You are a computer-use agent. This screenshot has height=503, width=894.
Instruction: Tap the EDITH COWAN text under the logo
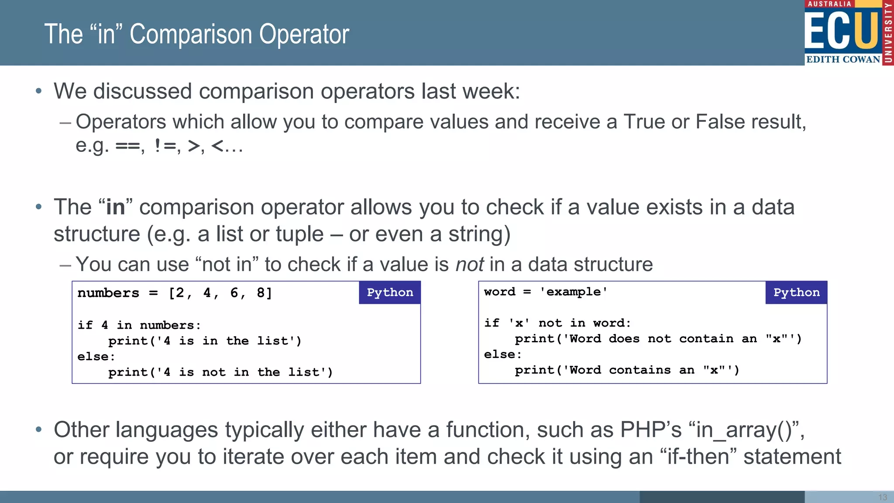coord(843,59)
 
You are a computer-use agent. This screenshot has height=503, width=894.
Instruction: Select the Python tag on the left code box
coord(389,293)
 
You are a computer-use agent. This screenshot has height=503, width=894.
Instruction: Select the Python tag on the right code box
coord(796,293)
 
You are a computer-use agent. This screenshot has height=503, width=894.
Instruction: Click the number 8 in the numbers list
coord(261,293)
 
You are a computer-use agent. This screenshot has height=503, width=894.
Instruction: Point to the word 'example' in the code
coord(573,292)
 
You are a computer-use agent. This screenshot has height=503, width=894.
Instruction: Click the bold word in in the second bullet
coord(115,207)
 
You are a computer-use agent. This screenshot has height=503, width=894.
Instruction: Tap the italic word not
coord(469,265)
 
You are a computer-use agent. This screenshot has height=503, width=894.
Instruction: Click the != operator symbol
coord(165,146)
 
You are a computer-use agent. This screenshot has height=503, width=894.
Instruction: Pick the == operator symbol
coord(127,146)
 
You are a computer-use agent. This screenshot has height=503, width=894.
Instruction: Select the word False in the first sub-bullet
coord(720,122)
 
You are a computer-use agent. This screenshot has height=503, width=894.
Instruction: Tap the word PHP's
coord(650,430)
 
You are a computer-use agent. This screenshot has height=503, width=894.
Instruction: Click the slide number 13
coord(882,497)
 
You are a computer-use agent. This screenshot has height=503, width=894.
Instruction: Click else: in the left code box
coord(96,357)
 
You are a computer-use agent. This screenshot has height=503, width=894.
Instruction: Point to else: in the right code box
coord(502,355)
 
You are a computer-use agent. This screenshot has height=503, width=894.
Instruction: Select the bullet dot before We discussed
coord(39,91)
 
